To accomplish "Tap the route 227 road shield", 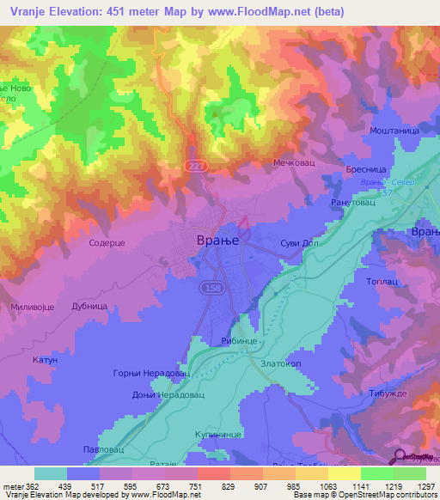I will tap(197, 165).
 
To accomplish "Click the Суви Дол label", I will tap(301, 243).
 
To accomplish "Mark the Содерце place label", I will tap(108, 244).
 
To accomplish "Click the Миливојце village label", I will tap(34, 307).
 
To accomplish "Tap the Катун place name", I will tap(44, 361).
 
